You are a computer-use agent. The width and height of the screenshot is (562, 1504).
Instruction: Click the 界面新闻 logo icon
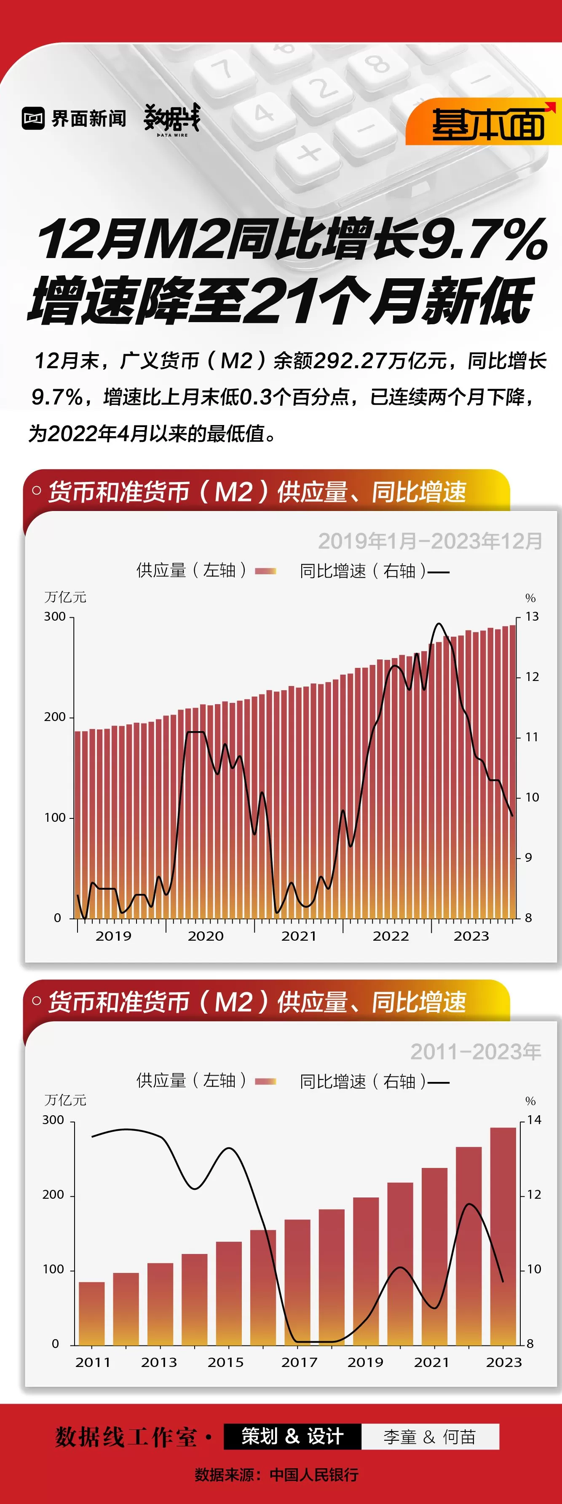(33, 118)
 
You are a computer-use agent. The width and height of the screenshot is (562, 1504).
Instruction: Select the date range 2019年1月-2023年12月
(430, 541)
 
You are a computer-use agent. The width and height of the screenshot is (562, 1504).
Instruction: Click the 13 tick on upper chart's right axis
(532, 616)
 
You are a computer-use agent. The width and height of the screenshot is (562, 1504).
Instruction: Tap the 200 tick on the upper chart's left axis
(55, 717)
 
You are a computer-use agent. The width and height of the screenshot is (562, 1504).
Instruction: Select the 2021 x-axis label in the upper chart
(298, 936)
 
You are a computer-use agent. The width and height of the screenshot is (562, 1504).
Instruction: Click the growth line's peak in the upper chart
(439, 624)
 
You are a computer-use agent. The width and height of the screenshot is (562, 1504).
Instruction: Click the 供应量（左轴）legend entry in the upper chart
(206, 570)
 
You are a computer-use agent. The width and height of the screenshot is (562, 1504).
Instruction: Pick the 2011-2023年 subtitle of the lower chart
(476, 1052)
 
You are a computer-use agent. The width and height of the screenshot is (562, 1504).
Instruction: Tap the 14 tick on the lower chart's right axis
(534, 1120)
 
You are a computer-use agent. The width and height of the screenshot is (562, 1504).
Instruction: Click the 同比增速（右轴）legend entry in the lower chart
(374, 1081)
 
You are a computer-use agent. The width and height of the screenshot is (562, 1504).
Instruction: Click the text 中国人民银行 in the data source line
(314, 1475)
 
